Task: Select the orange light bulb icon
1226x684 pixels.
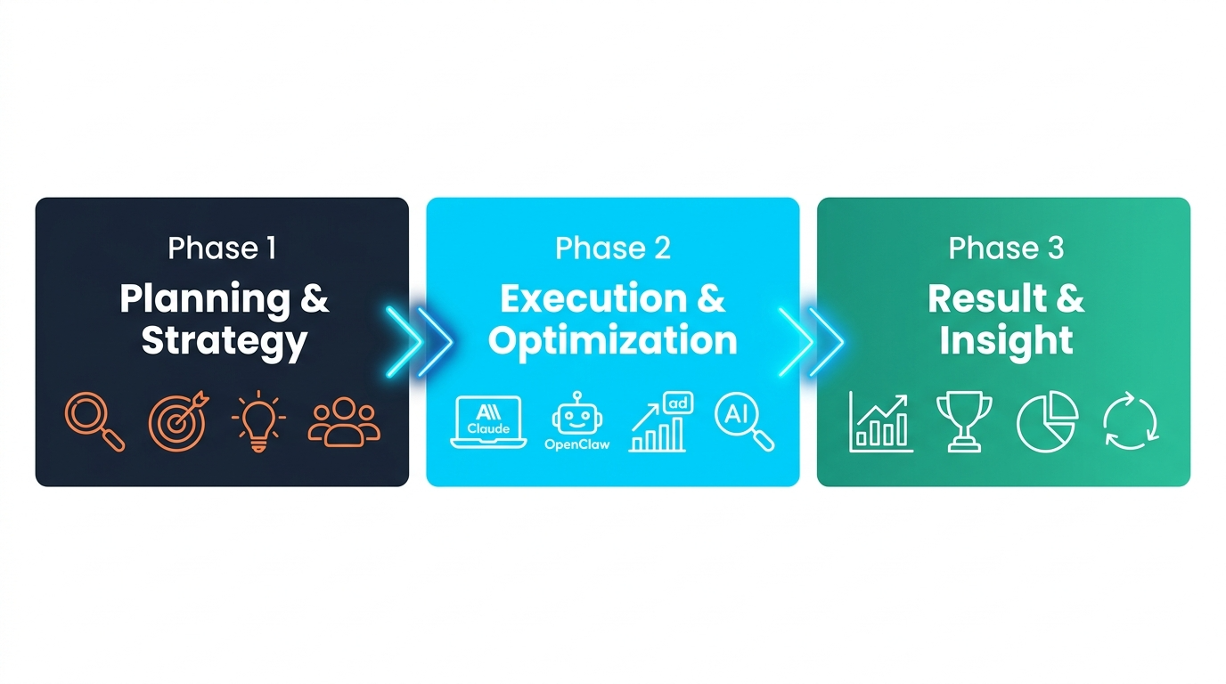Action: [258, 421]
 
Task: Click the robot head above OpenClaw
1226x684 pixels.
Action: [576, 413]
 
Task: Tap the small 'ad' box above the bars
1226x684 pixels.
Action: [678, 403]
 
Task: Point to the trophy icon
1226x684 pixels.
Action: [964, 421]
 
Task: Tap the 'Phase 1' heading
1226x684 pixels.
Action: [222, 248]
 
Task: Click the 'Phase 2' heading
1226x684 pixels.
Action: [612, 248]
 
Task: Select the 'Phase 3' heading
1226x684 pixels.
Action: [1006, 248]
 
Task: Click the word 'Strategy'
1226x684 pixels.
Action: [225, 342]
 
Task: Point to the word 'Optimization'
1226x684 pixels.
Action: [612, 342]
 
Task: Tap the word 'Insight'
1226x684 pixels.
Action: [1006, 342]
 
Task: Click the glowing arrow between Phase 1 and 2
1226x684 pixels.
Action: [421, 342]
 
